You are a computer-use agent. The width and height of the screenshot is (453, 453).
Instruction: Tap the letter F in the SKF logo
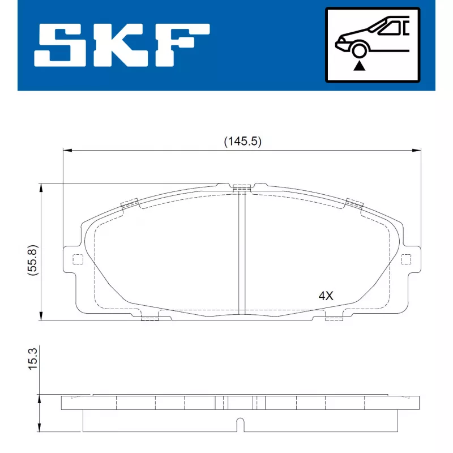tap(182, 46)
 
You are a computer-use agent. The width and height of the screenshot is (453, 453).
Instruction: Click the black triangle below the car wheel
tap(359, 66)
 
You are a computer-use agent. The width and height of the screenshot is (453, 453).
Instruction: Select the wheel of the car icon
tap(359, 50)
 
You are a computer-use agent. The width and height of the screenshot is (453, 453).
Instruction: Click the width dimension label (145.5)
tap(243, 142)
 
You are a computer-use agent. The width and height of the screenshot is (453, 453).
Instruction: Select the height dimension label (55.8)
tap(33, 260)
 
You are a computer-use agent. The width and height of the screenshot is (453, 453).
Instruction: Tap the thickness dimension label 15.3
tap(33, 358)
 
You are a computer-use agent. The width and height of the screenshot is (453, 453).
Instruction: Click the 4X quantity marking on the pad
tap(326, 296)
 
